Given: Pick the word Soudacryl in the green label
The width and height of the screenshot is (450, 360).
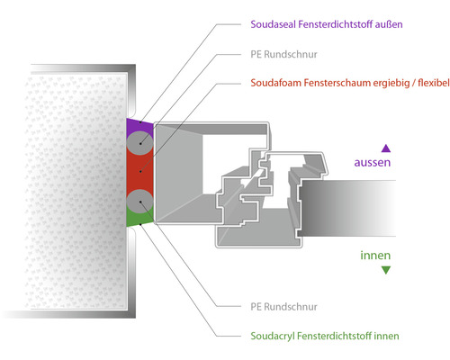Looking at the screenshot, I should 274,337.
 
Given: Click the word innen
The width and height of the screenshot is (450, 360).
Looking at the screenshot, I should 375,255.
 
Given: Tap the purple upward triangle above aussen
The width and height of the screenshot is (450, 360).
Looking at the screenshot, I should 386,148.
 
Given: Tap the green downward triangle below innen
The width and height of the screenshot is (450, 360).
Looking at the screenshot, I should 386,269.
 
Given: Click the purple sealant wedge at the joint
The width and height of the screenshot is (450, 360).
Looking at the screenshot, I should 131,125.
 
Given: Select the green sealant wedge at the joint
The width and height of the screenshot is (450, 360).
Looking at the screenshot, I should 131,216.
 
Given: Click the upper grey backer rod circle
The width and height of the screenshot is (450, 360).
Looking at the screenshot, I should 139,141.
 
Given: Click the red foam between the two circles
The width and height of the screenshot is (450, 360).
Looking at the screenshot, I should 139,171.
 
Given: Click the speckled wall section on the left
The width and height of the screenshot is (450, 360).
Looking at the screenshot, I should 63,189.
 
